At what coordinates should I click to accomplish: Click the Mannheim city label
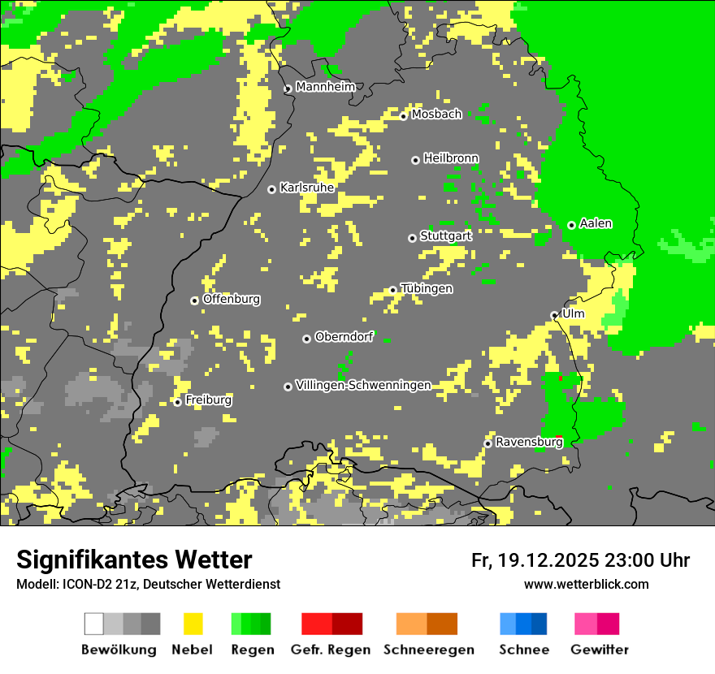tap(326, 87)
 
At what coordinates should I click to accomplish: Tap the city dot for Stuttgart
tap(412, 238)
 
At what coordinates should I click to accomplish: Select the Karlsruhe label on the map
tap(307, 188)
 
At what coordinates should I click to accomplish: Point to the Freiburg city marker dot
tap(177, 402)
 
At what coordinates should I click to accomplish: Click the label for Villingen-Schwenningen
tap(363, 385)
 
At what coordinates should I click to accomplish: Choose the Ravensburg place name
tap(529, 442)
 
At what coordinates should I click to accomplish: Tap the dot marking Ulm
tap(554, 315)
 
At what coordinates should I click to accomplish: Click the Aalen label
tap(596, 223)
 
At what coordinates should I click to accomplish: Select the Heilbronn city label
tap(451, 158)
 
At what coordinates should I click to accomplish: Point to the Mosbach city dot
tap(403, 116)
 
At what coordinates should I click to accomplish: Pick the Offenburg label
tap(232, 299)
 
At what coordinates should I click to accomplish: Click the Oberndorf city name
tap(344, 337)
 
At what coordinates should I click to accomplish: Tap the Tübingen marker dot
tap(392, 290)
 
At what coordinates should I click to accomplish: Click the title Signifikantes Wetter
tap(134, 560)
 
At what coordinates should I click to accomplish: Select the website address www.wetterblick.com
tap(586, 585)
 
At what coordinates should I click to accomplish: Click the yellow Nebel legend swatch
tap(193, 624)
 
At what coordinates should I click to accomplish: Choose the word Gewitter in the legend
tap(600, 650)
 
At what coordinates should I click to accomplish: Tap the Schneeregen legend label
tap(429, 650)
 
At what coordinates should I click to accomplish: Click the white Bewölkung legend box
tap(94, 624)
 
